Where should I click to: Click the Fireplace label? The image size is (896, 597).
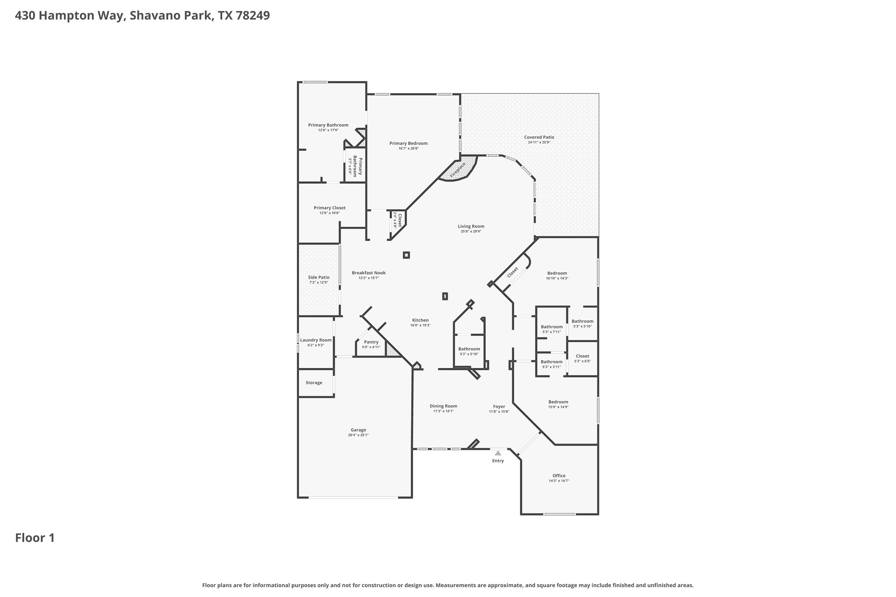[x=458, y=170]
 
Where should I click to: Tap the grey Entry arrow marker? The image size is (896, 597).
[x=498, y=453]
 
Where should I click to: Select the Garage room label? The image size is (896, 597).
[x=358, y=430]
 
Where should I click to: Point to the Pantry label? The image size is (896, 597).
[x=371, y=342]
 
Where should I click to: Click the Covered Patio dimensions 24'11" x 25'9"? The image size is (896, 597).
[x=539, y=142]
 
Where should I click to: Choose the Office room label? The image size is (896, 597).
[x=559, y=476]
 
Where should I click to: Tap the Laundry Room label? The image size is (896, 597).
[x=316, y=340]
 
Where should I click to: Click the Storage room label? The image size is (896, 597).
[x=314, y=383]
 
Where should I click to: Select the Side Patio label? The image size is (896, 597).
[x=319, y=277]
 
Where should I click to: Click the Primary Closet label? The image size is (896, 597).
[x=329, y=208]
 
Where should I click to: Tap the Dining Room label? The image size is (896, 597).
[x=444, y=406]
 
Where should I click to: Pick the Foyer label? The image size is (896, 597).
[x=499, y=406]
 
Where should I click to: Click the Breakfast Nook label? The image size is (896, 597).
[x=369, y=273]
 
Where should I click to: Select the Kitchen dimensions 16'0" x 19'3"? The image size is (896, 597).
[x=421, y=325]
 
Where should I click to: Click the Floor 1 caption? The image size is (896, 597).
[x=35, y=538]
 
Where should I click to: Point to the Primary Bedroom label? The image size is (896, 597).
[x=408, y=143]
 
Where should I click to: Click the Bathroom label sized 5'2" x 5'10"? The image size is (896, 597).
[x=469, y=349]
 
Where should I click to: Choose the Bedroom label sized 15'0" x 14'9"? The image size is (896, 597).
[x=559, y=402]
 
